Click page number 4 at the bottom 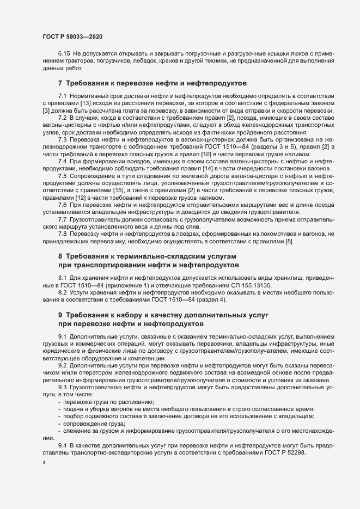pos(44,463)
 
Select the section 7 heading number pos(60,83)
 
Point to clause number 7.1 pos(63,96)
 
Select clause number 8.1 pos(63,278)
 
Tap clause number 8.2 pos(63,293)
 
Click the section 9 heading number pos(60,316)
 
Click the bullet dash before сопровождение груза pos(59,424)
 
